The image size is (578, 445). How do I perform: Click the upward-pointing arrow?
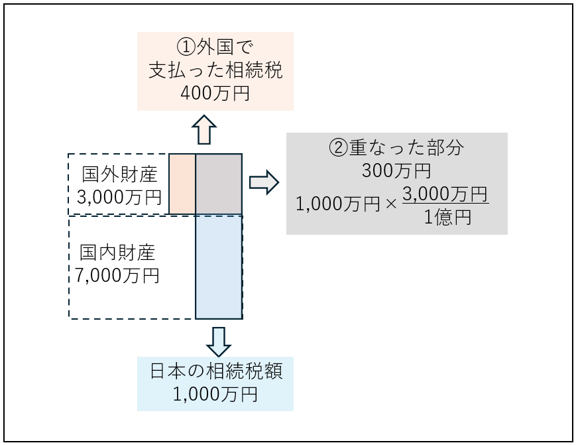pos(205,129)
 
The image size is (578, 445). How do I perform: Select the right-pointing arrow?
pos(264,182)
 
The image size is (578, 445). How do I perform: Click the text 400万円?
pos(215,94)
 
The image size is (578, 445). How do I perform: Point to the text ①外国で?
pos(215,47)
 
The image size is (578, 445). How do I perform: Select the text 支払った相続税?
pos(215,70)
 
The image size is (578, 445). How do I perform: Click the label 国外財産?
pos(120,175)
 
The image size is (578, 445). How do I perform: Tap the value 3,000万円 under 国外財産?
pos(119,197)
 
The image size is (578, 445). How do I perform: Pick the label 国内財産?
pos(117,253)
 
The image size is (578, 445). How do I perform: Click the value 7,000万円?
pos(117,275)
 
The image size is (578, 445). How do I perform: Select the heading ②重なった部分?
pos(396,148)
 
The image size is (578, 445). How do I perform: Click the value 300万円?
pos(396,171)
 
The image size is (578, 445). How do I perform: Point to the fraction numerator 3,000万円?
pos(445,194)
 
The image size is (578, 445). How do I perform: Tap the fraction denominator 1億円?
pos(447,218)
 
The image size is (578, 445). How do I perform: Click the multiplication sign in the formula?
pos(391,205)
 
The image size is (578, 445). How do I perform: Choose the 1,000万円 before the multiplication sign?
pos(338,205)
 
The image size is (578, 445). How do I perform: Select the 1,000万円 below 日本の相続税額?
pos(215,395)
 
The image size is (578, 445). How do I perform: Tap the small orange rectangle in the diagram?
pos(182,184)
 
